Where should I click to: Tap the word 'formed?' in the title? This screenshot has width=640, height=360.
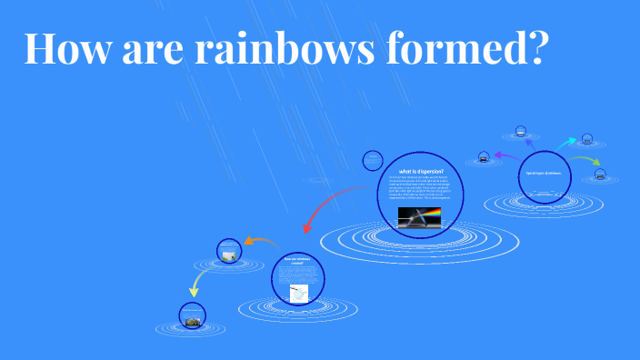(476, 47)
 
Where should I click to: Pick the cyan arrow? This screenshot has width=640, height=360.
(565, 143)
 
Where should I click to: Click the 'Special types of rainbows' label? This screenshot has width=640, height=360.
(544, 173)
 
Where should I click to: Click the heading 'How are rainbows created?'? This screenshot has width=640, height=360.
(297, 261)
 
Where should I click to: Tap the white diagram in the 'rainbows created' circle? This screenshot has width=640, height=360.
(298, 292)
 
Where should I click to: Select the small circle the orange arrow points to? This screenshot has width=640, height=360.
(228, 250)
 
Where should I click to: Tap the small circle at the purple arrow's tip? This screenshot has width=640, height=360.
(482, 156)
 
